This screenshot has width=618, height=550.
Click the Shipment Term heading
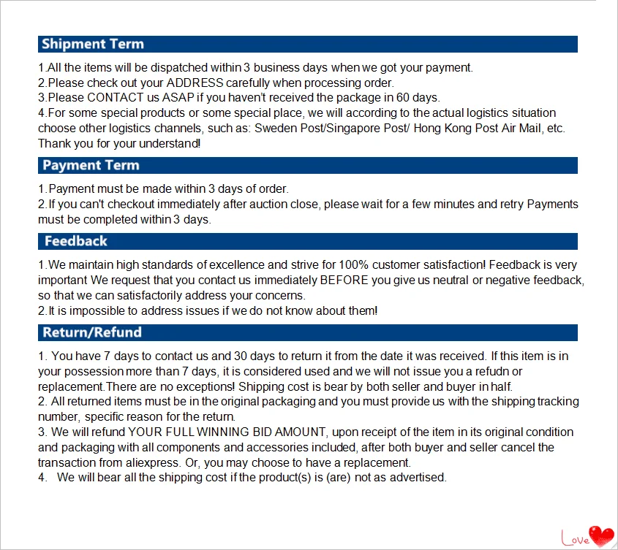[x=93, y=44]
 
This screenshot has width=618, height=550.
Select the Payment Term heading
[x=91, y=165]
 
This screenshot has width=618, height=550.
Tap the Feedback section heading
[x=75, y=241]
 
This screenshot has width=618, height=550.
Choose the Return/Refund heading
[x=92, y=332]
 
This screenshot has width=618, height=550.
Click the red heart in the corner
[x=602, y=535]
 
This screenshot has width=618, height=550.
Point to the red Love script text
[x=574, y=538]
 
